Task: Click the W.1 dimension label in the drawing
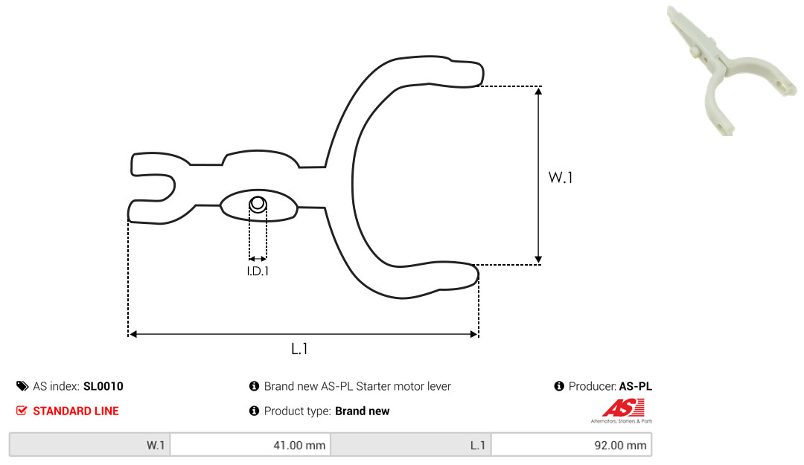pos(560,177)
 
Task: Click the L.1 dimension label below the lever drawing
pos(299,349)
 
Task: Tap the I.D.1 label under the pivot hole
pos(258,272)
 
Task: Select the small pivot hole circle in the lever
pos(258,204)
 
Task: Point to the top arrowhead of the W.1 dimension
pos(538,92)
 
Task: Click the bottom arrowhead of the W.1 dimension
pos(538,260)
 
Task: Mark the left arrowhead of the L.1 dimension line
pos(133,334)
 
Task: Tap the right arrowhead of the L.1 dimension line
pos(473,334)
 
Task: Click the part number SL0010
pos(103,386)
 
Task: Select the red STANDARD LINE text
pos(76,411)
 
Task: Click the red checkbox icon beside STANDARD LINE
pos(22,411)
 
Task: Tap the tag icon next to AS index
pos(22,386)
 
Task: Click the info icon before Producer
pos(559,386)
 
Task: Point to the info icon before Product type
pos(254,411)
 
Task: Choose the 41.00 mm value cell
pos(250,445)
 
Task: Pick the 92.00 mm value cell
pos(571,445)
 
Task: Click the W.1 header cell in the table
pos(90,445)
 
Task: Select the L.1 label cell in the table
pos(411,445)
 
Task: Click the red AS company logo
pos(622,411)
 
